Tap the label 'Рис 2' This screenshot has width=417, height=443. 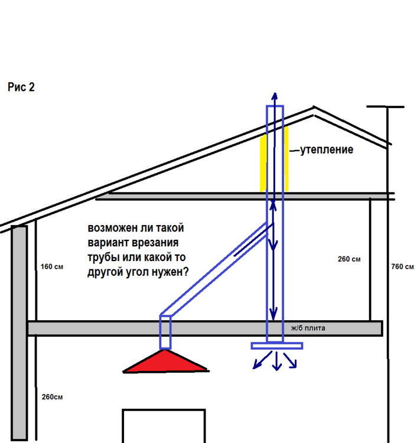[21, 87]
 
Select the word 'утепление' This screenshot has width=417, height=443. [326, 150]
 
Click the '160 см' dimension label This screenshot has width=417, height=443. [52, 267]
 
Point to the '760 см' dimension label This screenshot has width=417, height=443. [402, 267]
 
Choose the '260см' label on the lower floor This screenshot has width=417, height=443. [52, 397]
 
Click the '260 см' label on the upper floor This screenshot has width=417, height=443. [349, 259]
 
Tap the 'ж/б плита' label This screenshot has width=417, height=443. [308, 328]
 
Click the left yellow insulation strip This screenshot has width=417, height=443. [263, 163]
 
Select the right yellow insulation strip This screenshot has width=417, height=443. [286, 159]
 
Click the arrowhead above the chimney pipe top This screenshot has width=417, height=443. [275, 96]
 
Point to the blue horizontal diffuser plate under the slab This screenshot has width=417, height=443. [277, 346]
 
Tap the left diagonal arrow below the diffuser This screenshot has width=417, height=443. [262, 360]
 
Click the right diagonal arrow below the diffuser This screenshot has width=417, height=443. [290, 360]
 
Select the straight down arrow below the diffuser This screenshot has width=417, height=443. [276, 361]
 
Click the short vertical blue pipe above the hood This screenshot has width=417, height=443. [165, 332]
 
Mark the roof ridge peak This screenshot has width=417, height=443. [314, 107]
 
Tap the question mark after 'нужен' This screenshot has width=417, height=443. [185, 272]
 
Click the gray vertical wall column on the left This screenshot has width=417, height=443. [19, 333]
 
